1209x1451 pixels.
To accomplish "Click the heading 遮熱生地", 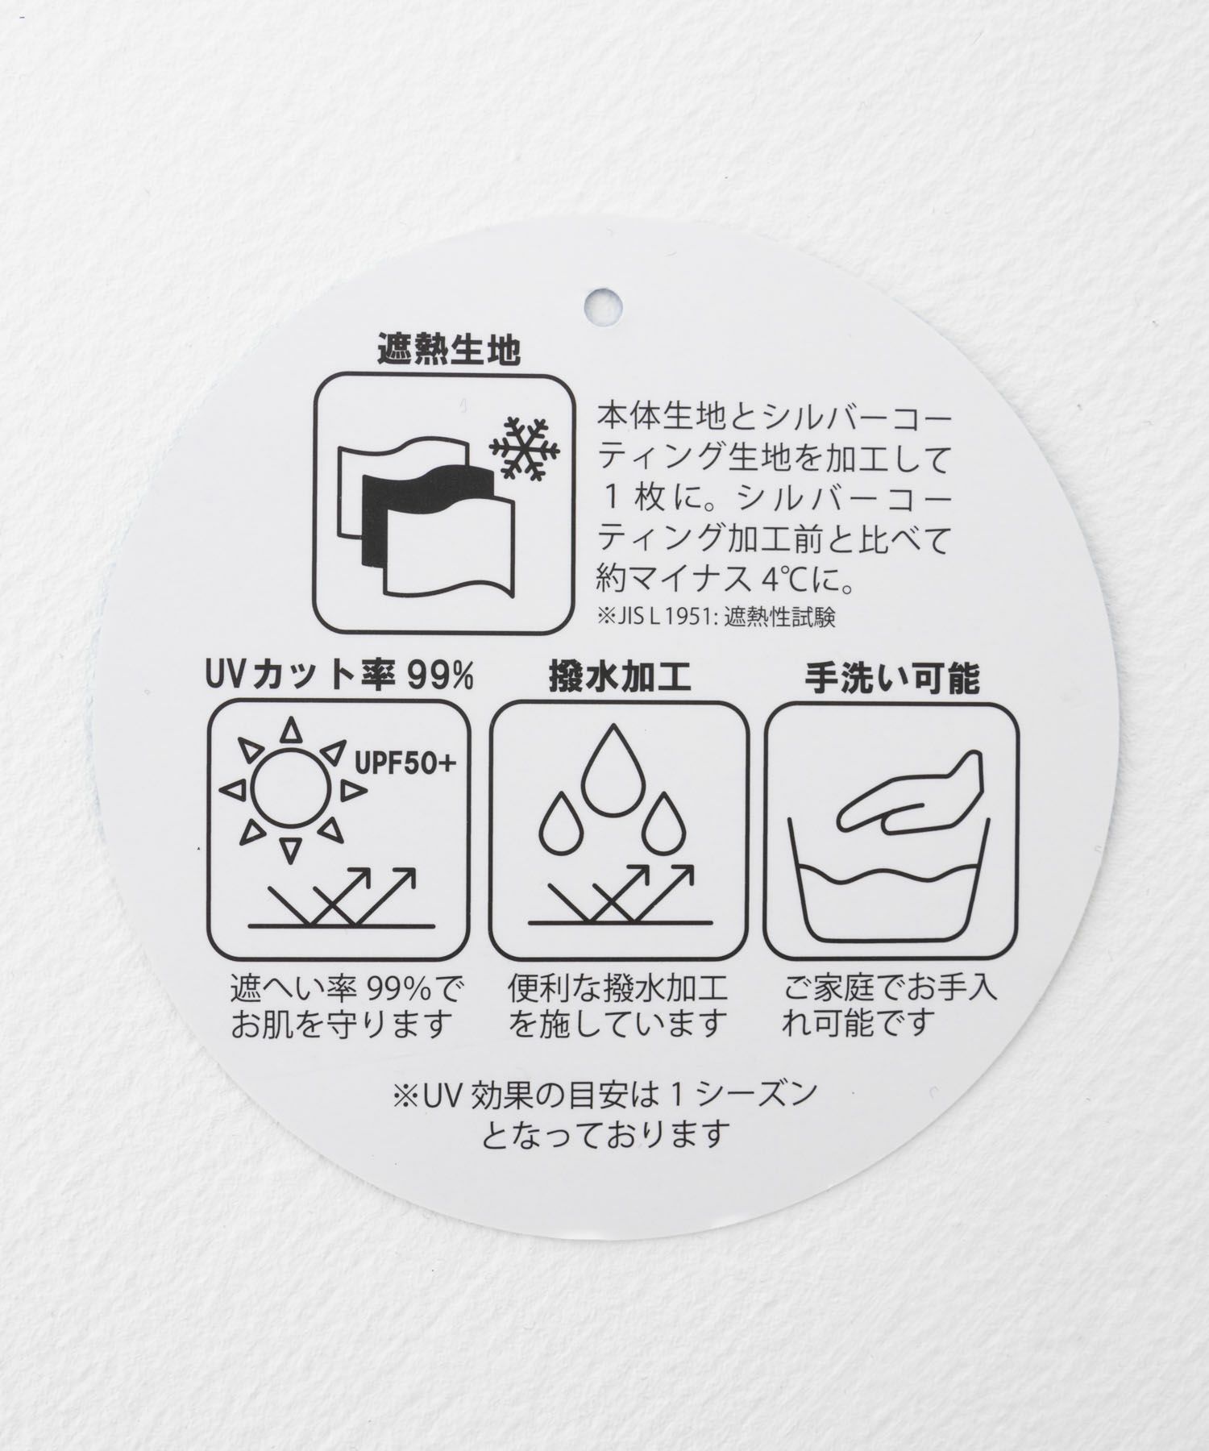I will pos(448,351).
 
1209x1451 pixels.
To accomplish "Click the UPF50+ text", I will pos(405,761).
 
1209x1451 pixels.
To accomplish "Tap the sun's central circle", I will pos(291,790).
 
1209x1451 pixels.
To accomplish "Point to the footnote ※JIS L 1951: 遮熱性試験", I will pos(716,617).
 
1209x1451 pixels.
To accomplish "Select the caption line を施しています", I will pos(618,1025).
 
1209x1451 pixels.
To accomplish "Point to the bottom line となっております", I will pos(605,1134).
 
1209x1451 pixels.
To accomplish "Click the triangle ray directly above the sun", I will pos(291,732).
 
